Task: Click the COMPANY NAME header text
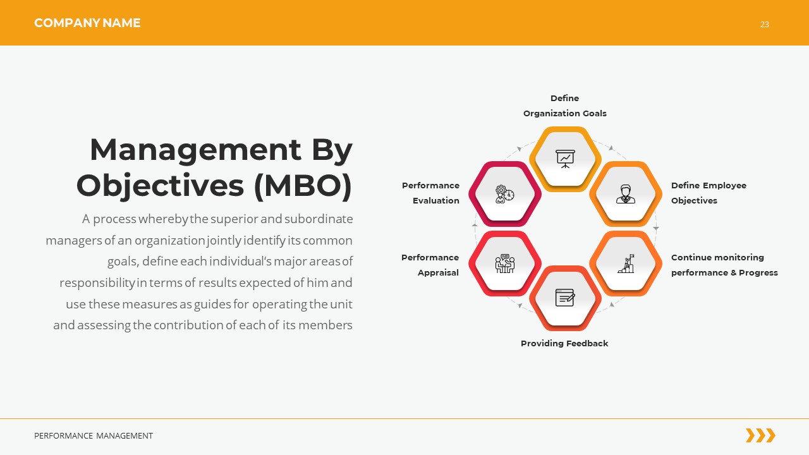coord(87,23)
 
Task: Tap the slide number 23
coord(764,25)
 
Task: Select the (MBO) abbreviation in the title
coord(302,185)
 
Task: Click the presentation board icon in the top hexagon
coord(565,158)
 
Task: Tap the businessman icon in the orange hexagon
coord(625,193)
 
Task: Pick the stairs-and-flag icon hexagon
coord(625,264)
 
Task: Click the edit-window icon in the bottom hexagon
coord(565,298)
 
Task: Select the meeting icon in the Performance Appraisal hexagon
coord(505,264)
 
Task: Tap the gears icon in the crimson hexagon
coord(504,193)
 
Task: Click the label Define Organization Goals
coord(564,106)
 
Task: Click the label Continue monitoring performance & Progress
coord(724,265)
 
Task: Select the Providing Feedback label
coord(564,343)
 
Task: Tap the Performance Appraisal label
coord(430,265)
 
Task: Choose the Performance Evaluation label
coord(431,193)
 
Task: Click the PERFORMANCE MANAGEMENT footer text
coord(94,435)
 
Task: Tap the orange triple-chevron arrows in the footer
coord(760,435)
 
